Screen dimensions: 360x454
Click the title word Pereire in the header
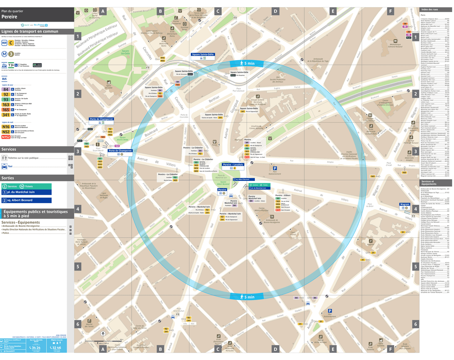click(10, 16)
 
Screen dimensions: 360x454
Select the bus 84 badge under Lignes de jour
click(6, 89)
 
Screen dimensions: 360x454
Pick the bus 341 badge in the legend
click(6, 115)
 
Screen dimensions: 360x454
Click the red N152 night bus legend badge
click(6, 137)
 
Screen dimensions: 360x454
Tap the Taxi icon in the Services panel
click(4, 167)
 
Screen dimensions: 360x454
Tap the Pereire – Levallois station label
click(233, 165)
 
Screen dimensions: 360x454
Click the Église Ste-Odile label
click(109, 87)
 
